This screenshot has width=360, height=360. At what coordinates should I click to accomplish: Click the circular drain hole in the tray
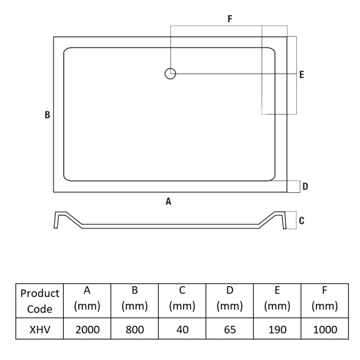(x=170, y=73)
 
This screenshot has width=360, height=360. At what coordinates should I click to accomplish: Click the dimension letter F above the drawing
(x=230, y=19)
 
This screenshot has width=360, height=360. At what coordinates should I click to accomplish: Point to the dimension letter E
(x=301, y=75)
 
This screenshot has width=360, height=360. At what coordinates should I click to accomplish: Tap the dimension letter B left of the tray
(x=47, y=115)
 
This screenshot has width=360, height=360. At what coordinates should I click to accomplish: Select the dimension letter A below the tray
(x=168, y=202)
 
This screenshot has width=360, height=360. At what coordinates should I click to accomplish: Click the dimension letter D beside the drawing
(x=305, y=186)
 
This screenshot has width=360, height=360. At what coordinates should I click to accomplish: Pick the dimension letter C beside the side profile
(x=301, y=220)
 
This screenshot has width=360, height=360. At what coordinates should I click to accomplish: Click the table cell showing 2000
(x=87, y=330)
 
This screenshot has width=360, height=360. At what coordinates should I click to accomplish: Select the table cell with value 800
(x=135, y=330)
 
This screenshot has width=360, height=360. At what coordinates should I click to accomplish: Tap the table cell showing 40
(x=182, y=330)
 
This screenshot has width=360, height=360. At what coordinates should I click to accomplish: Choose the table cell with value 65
(x=229, y=330)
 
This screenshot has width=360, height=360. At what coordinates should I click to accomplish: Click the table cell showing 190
(x=277, y=330)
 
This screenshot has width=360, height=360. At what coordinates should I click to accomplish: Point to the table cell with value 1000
(x=325, y=330)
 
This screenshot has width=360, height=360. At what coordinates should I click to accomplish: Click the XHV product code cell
(x=40, y=330)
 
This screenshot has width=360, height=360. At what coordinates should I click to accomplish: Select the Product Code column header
(x=40, y=301)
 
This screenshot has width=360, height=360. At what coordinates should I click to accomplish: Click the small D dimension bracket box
(x=294, y=186)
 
